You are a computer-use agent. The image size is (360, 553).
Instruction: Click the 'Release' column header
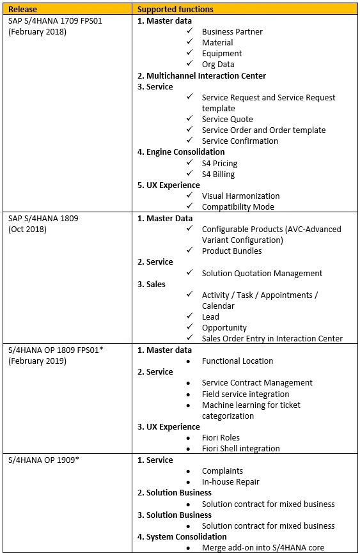pyautogui.click(x=22, y=9)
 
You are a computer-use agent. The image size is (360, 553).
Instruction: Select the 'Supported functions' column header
pyautogui.click(x=175, y=9)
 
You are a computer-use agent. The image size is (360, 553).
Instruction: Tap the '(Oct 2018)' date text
pyautogui.click(x=27, y=230)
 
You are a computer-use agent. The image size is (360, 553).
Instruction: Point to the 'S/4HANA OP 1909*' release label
pyautogui.click(x=40, y=460)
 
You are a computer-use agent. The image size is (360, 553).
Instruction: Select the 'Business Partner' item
pyautogui.click(x=231, y=31)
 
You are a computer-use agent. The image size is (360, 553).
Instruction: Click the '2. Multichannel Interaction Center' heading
pyautogui.click(x=201, y=75)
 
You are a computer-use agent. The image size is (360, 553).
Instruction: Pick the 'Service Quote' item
pyautogui.click(x=227, y=119)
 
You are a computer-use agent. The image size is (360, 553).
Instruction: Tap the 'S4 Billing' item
pyautogui.click(x=218, y=174)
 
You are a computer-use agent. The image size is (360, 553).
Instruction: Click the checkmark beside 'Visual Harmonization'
pyautogui.click(x=189, y=196)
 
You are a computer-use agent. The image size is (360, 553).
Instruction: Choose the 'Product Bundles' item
pyautogui.click(x=231, y=251)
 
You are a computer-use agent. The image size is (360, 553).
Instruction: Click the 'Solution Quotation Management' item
pyautogui.click(x=262, y=273)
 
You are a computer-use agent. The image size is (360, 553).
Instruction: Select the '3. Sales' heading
pyautogui.click(x=152, y=284)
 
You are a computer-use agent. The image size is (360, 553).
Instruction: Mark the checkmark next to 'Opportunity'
pyautogui.click(x=189, y=327)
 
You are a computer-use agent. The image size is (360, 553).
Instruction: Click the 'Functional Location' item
pyautogui.click(x=237, y=361)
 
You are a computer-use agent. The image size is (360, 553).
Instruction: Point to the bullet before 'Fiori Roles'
pyautogui.click(x=189, y=438)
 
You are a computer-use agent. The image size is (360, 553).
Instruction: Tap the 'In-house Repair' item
pyautogui.click(x=230, y=482)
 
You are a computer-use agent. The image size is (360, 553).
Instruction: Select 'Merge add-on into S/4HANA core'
pyautogui.click(x=263, y=547)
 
